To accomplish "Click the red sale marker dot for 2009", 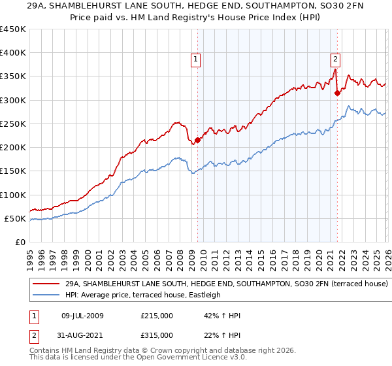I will click(x=197, y=140).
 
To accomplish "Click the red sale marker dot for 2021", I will click(x=337, y=93).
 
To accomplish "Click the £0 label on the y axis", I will click(x=20, y=242).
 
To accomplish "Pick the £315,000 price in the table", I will click(x=156, y=335).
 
